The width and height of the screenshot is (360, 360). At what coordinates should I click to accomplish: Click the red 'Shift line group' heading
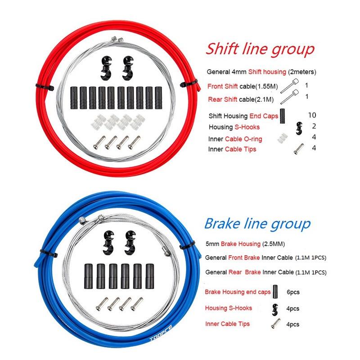pyautogui.click(x=260, y=49)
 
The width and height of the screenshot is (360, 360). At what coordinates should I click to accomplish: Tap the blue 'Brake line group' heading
pyautogui.click(x=257, y=224)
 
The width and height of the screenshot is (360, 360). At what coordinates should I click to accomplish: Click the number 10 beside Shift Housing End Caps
pyautogui.click(x=312, y=115)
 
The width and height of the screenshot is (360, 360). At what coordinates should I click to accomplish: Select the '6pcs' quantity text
pyautogui.click(x=293, y=292)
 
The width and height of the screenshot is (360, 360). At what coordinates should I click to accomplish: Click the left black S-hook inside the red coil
pyautogui.click(x=106, y=68)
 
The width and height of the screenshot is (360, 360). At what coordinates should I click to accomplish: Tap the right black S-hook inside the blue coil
pyautogui.click(x=130, y=243)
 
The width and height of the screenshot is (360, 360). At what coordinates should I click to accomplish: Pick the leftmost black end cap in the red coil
pyautogui.click(x=74, y=98)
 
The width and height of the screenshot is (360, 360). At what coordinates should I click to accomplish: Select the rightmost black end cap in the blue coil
pyautogui.click(x=149, y=276)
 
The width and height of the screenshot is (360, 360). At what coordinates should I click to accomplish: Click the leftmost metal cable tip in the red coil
pyautogui.click(x=99, y=142)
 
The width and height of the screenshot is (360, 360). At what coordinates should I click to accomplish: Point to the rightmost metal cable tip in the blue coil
pyautogui.click(x=137, y=304)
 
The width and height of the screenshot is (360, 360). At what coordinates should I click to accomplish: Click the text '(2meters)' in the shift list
pyautogui.click(x=302, y=72)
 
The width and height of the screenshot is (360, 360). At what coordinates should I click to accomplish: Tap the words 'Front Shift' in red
pyautogui.click(x=222, y=86)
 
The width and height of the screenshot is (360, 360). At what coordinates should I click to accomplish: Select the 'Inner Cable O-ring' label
pyautogui.click(x=235, y=139)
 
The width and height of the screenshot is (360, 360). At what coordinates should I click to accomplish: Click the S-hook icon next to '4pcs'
pyautogui.click(x=275, y=309)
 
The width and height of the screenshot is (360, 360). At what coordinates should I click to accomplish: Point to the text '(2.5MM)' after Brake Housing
pyautogui.click(x=274, y=244)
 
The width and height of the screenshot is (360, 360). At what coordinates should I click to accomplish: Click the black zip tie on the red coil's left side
pyautogui.click(x=45, y=87)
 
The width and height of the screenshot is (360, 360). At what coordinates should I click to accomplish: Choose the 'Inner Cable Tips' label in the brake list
pyautogui.click(x=227, y=324)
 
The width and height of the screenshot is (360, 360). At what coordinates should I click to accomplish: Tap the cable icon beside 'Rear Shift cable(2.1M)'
pyautogui.click(x=289, y=96)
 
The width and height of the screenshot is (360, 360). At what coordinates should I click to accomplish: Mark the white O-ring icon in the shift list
pyautogui.click(x=283, y=138)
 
